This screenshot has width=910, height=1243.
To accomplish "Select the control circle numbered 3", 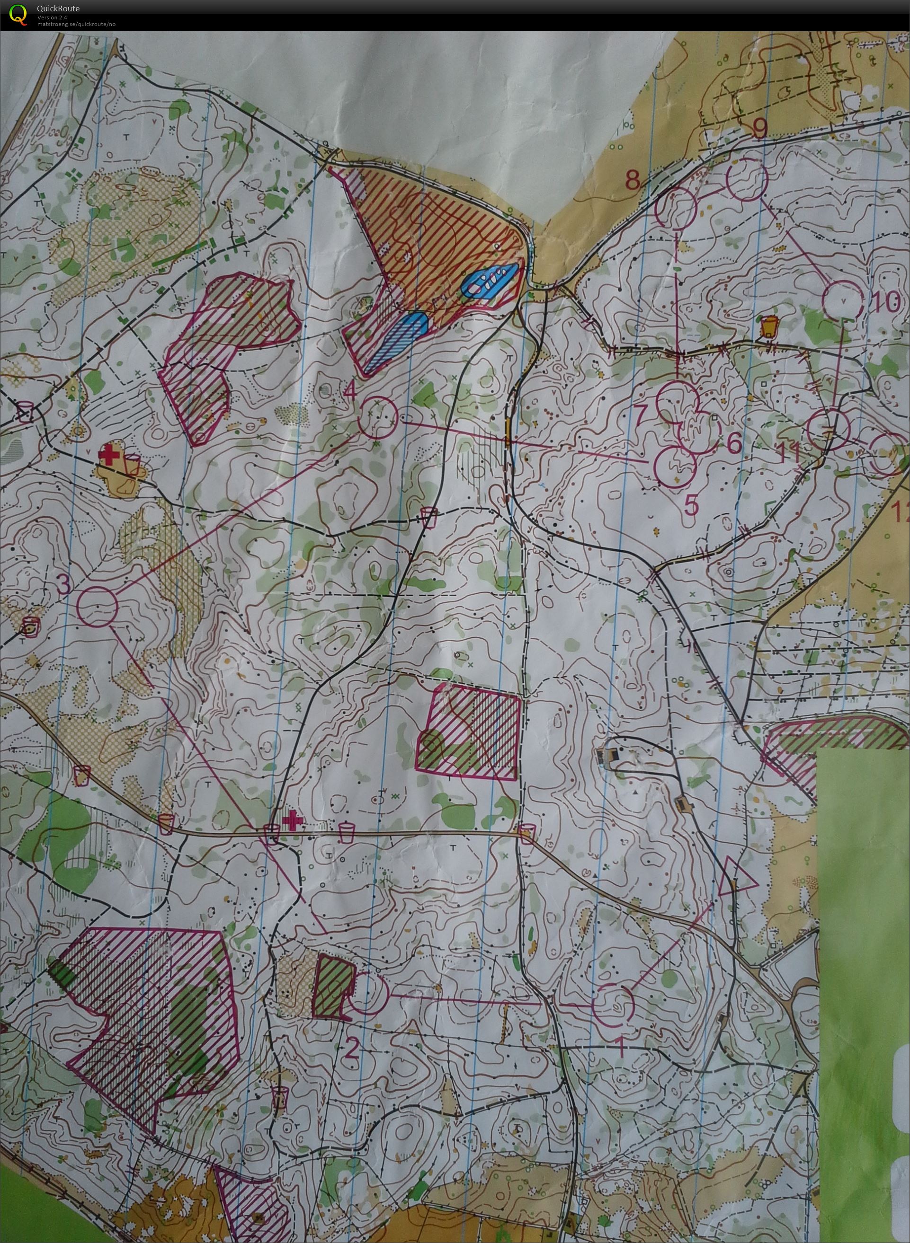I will point(98,606).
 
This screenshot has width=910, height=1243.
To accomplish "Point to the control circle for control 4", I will point(378,418).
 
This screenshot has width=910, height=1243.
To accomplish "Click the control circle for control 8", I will point(676,206).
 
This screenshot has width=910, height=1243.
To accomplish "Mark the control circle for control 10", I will point(842,300).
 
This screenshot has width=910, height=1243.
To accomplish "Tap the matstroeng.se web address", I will point(76,24).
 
